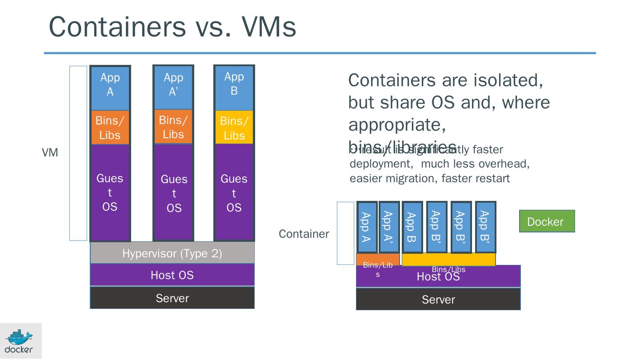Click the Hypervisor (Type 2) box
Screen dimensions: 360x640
tap(172, 253)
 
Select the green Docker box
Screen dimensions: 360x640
tap(547, 221)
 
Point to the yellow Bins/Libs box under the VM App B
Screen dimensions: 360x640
tap(234, 128)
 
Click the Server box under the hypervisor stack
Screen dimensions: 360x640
tap(172, 298)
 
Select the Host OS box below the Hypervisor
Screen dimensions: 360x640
tap(172, 275)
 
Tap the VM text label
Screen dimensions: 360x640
tap(50, 153)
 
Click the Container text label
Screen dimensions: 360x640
tap(304, 234)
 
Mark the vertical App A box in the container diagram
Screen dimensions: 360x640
tap(366, 227)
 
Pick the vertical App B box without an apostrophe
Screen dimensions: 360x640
tap(412, 227)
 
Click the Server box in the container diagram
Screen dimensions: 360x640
tap(438, 300)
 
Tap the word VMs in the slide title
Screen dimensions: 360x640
tap(269, 27)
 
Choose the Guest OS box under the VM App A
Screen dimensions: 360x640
tap(110, 192)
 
